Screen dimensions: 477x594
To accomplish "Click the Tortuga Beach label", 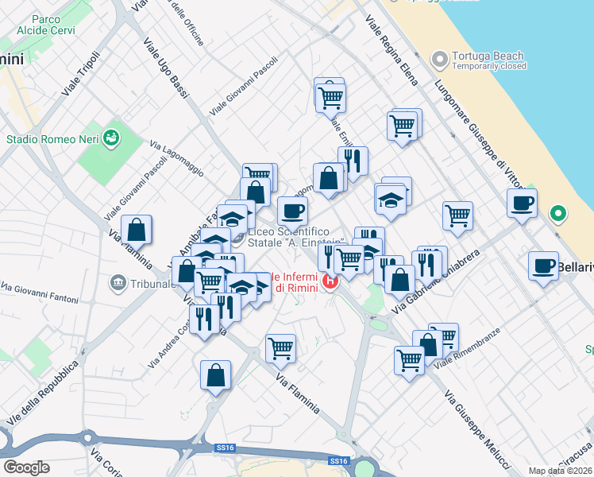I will pyautogui.click(x=488, y=56).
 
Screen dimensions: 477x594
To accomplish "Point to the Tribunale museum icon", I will pyautogui.click(x=118, y=281).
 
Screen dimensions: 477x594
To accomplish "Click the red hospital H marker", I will pyautogui.click(x=330, y=281).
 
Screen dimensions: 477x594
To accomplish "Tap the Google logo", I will pyautogui.click(x=25, y=467).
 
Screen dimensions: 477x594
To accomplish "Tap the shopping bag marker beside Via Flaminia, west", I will pyautogui.click(x=137, y=230).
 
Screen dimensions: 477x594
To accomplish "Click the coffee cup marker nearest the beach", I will pyautogui.click(x=522, y=203).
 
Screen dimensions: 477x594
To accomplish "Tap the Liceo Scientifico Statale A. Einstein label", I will pyautogui.click(x=295, y=237).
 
